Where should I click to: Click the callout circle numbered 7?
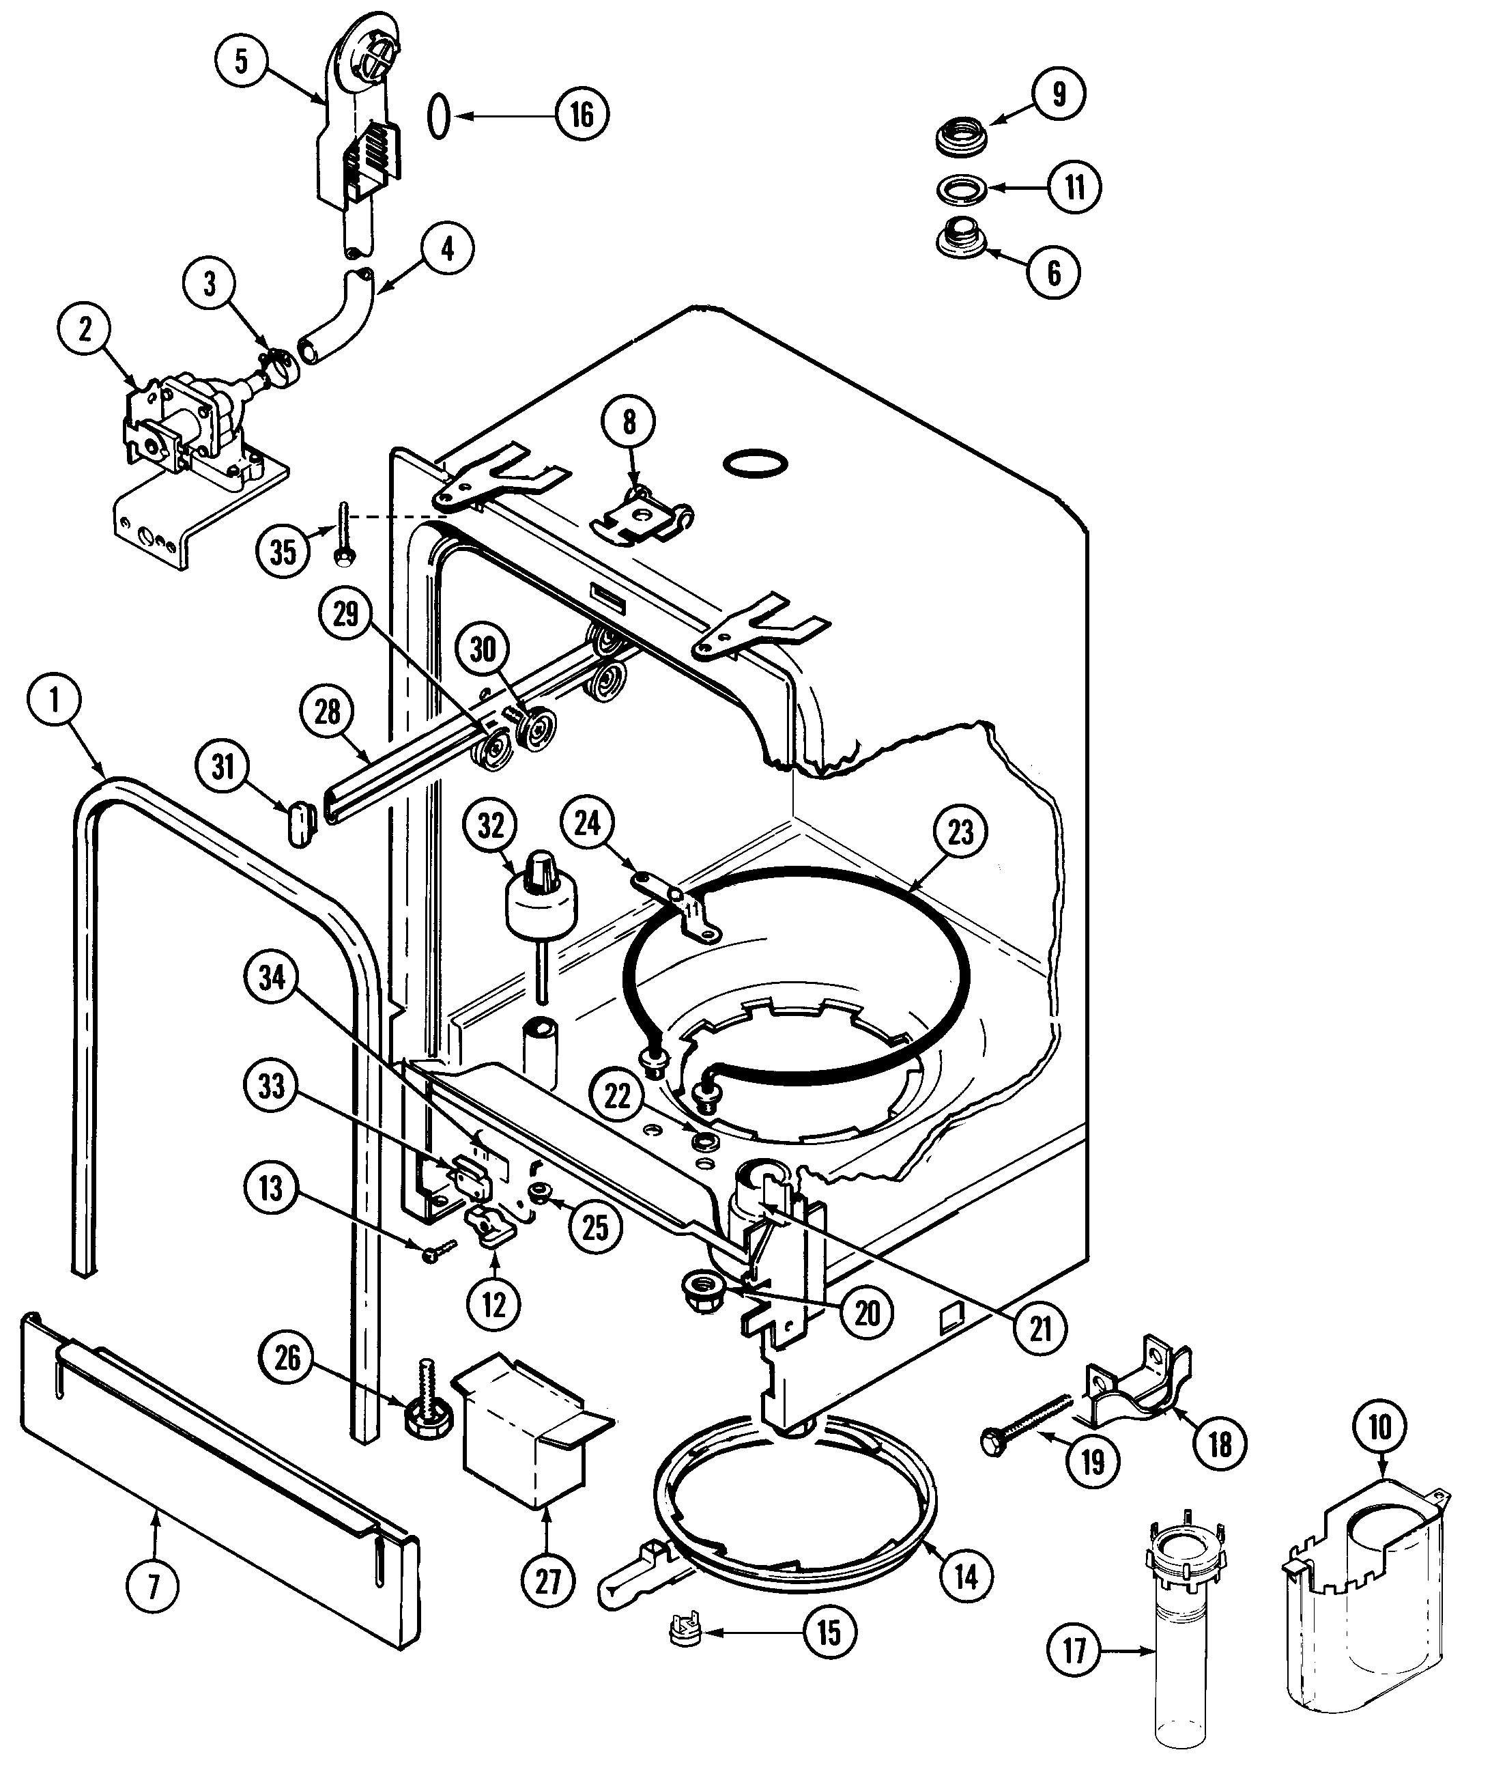click(154, 1587)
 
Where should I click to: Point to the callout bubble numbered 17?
click(1073, 1652)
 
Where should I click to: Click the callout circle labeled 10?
click(1379, 1426)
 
